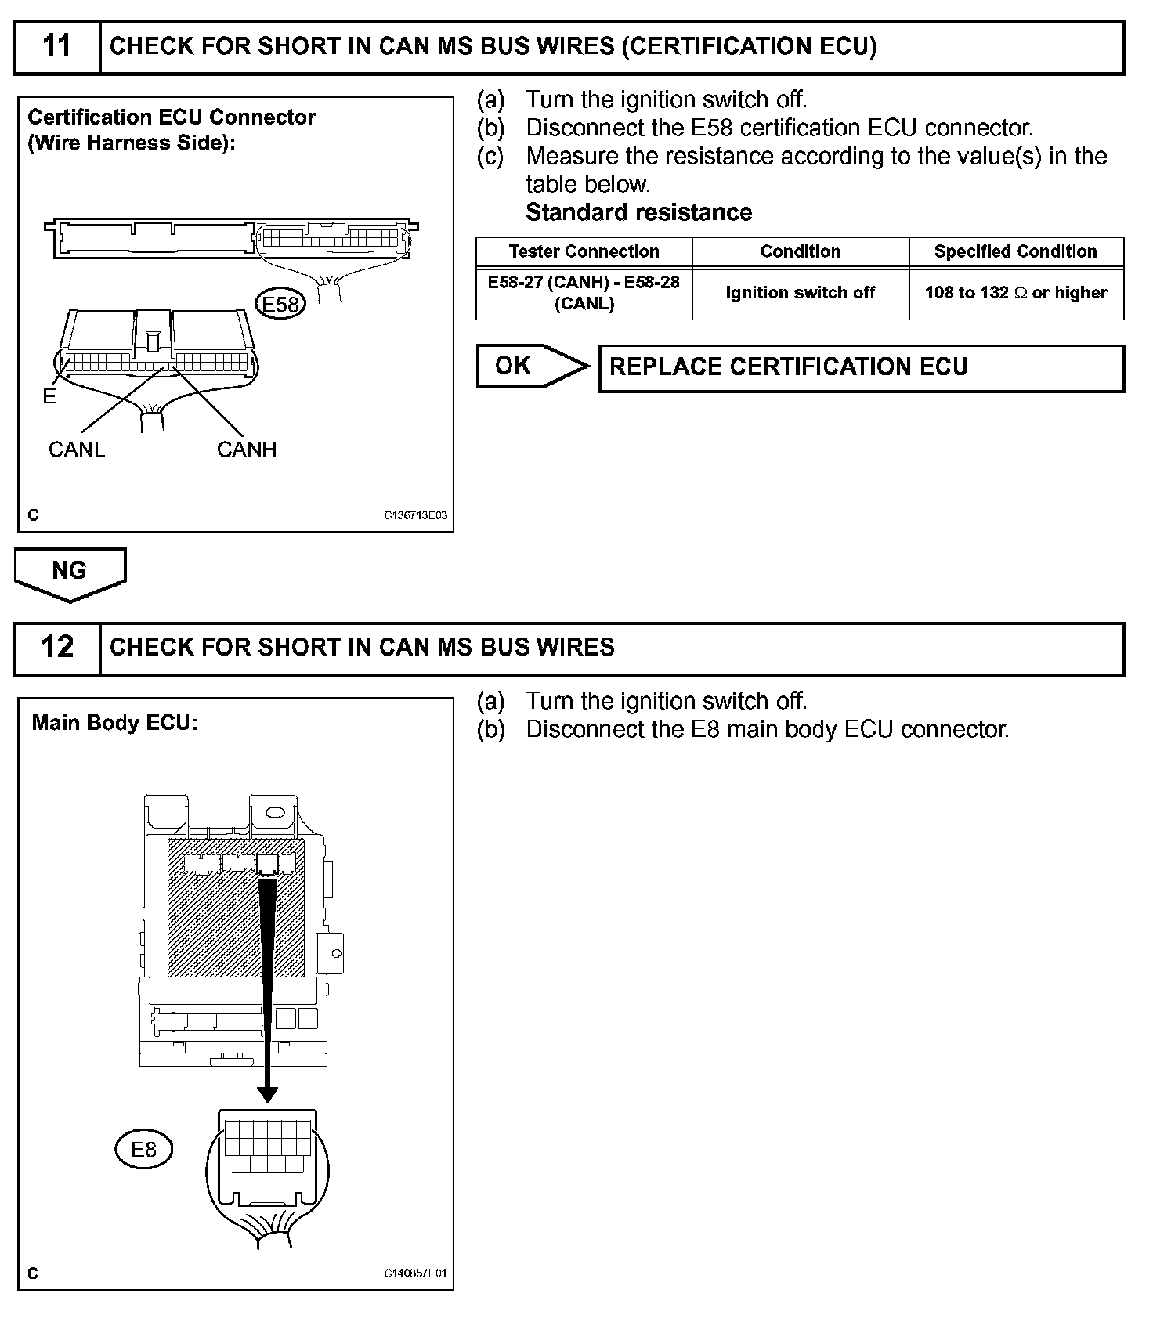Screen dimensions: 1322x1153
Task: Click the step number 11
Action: pos(57,46)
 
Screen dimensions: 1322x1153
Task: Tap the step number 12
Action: pos(57,648)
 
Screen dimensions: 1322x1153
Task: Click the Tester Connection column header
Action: pos(584,251)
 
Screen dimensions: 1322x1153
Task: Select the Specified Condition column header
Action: pos(1015,251)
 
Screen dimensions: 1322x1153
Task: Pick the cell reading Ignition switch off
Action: pos(800,293)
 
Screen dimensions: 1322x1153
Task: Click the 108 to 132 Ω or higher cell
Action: pos(1015,293)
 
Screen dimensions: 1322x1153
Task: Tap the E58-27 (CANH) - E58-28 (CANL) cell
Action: pos(584,293)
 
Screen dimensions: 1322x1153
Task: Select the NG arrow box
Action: pos(70,572)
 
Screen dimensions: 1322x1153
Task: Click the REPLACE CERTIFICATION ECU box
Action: pos(861,367)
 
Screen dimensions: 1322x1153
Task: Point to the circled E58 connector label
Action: pos(280,304)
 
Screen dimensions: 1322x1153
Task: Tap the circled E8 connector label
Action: pos(143,1150)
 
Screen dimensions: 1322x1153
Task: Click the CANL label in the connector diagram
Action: pos(76,450)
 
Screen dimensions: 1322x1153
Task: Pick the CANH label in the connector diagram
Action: pos(247,450)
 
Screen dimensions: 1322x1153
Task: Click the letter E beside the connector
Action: pos(49,397)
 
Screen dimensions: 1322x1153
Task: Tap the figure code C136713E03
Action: pos(415,515)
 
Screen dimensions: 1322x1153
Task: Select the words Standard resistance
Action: pos(638,212)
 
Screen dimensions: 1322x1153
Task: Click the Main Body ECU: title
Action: pos(114,722)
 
